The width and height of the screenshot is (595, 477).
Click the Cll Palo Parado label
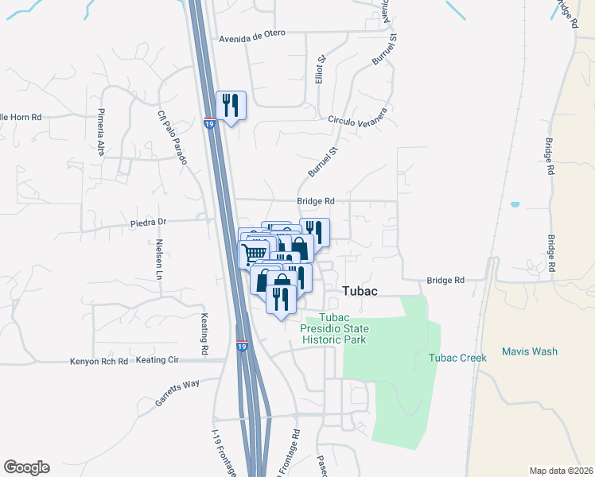tap(172, 137)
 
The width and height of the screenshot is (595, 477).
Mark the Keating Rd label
tap(204, 334)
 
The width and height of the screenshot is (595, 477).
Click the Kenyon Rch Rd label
tap(99, 361)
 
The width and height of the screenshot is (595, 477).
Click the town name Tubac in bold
tap(360, 292)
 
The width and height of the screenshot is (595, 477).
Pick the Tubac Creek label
tap(457, 358)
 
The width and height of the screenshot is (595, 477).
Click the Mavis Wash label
tap(530, 351)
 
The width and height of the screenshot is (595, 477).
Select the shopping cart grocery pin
tap(254, 253)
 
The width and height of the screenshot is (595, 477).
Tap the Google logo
tap(26, 467)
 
